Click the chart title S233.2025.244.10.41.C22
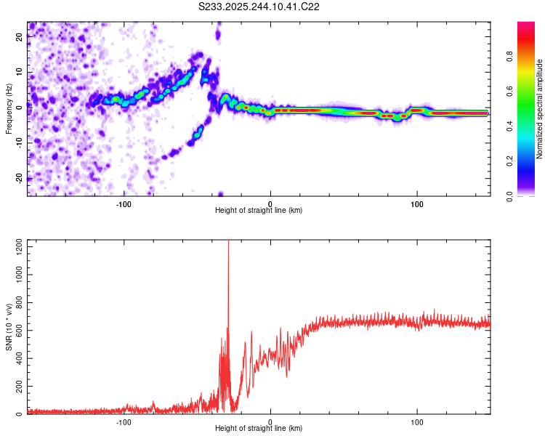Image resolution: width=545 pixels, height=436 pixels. coord(259,7)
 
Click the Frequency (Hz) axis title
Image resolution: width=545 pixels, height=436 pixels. coord(9,108)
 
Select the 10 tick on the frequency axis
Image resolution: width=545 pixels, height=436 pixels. coord(20,73)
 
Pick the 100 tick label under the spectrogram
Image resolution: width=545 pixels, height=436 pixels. coord(417,203)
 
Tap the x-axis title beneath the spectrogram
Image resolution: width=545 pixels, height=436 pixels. coord(259,211)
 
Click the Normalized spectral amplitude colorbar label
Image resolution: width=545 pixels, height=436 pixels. coord(539,109)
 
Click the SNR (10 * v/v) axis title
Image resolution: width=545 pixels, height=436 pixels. coord(9,326)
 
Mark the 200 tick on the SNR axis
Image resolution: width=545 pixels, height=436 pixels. coord(17,387)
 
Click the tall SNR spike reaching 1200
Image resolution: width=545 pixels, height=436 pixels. coord(228,244)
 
